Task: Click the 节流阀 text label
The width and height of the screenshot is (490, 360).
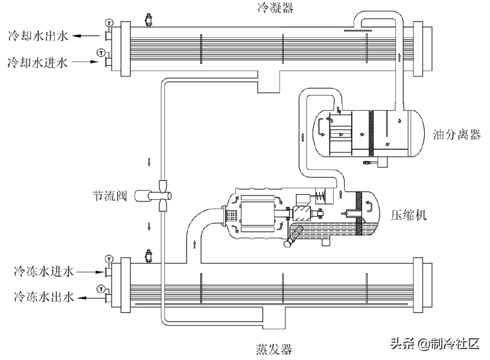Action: pos(109,196)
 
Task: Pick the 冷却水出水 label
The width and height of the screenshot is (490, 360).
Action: pos(37,36)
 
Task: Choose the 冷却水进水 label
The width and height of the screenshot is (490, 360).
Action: pos(37,62)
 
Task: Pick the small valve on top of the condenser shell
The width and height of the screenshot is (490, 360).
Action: pos(148,19)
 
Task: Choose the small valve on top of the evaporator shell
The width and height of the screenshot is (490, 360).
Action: pos(148,256)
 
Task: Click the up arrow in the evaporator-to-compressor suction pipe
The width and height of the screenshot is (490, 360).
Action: pos(194,244)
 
